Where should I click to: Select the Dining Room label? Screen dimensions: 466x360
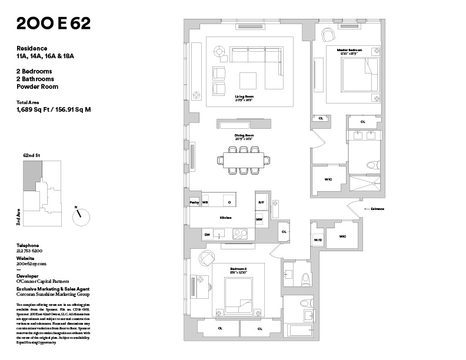244,136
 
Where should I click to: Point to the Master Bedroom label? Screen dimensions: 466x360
349,51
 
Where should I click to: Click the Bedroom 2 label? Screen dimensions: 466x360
238,269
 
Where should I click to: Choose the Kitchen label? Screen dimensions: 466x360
225,218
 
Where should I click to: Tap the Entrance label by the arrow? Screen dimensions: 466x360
377,209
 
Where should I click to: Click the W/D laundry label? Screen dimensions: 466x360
318,240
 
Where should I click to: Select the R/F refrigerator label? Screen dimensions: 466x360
261,202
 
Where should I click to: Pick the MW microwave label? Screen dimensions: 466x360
259,220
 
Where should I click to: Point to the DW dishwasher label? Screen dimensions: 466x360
207,235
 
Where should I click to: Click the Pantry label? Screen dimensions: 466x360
194,202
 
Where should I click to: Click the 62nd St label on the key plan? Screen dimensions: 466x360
31,155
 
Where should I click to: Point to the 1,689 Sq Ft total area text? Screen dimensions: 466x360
54,109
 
